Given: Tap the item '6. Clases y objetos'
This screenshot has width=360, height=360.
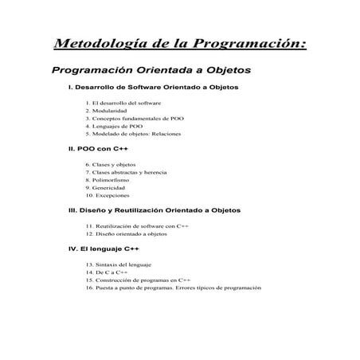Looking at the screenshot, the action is tap(115, 165).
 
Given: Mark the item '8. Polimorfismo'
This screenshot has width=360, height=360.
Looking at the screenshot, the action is tap(112, 180).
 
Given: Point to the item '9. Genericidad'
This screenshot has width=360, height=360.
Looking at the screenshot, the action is tap(111, 188).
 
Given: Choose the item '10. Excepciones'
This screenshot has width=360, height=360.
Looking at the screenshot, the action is tap(112, 195).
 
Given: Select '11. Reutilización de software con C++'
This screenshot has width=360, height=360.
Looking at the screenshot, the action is tap(136, 226).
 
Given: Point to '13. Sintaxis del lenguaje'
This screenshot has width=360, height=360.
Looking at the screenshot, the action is tap(123, 264).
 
